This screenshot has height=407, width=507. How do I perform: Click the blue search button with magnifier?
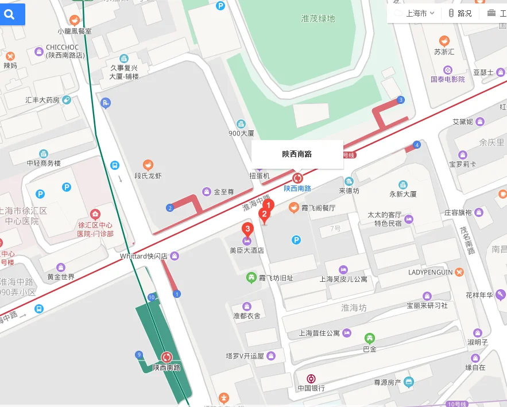(x=10, y=15)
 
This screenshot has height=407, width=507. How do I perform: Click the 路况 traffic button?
(x=460, y=13)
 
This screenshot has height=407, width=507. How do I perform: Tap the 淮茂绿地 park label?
(x=318, y=18)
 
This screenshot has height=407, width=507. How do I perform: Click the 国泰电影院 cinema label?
(x=448, y=79)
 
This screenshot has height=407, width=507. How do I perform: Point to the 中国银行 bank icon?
(x=311, y=378)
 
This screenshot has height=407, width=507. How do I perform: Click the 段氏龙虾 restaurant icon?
(x=148, y=165)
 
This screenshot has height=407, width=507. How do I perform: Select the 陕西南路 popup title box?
(x=297, y=154)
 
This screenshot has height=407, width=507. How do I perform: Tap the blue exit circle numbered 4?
(x=417, y=145)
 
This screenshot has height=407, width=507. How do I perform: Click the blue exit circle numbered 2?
(x=169, y=207)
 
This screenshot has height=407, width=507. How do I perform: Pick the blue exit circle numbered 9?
(x=139, y=354)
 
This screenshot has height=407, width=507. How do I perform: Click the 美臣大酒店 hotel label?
(x=247, y=250)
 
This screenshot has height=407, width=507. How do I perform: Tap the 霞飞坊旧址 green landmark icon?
(x=251, y=278)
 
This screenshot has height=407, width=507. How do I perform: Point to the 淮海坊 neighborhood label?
(x=354, y=308)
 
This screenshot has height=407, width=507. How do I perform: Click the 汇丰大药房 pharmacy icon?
(x=67, y=100)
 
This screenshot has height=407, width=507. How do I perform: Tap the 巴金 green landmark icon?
(x=370, y=338)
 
